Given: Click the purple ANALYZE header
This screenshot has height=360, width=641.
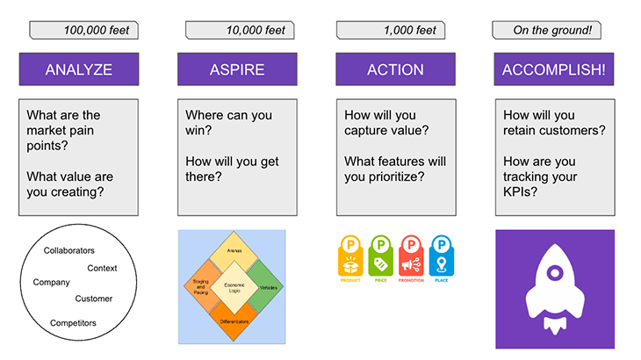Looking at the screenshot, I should (x=78, y=69).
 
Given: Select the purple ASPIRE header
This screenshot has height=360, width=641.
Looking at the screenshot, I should (x=236, y=69).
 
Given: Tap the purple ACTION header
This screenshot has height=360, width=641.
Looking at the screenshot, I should (x=395, y=69).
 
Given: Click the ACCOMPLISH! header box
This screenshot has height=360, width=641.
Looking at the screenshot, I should (x=553, y=69).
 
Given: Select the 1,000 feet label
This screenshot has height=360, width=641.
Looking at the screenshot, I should (x=399, y=31).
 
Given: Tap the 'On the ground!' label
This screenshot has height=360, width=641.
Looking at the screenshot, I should (x=552, y=31).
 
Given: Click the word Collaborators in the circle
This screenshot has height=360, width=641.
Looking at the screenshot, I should (x=75, y=250).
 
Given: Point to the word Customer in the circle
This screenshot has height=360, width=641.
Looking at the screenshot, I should (x=93, y=299).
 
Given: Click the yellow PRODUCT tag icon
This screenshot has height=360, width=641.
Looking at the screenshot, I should (x=351, y=256).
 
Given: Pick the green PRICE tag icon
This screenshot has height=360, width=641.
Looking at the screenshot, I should (x=381, y=256).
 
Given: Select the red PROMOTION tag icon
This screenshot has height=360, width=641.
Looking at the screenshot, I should (x=411, y=256).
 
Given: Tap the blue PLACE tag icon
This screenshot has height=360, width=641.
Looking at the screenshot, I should (x=441, y=256).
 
